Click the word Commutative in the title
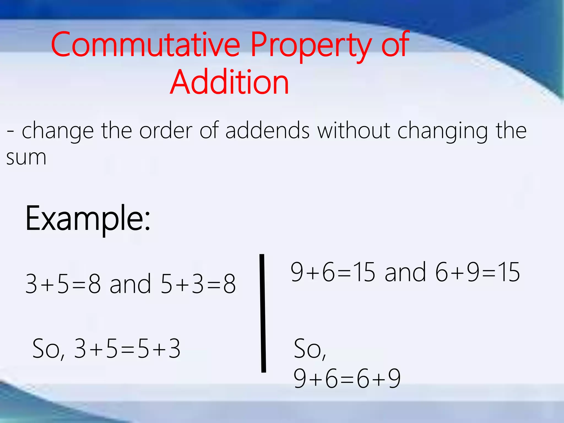[145, 45]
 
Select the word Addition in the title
[229, 82]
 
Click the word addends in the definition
[267, 130]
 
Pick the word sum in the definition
[26, 158]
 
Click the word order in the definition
[166, 130]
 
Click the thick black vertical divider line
[263, 313]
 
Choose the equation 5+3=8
[198, 284]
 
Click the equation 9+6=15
[333, 272]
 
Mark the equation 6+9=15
[478, 272]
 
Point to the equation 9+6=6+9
[347, 379]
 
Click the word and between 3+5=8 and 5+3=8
[130, 284]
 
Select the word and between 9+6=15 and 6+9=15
[405, 272]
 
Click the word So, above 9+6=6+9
[310, 349]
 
